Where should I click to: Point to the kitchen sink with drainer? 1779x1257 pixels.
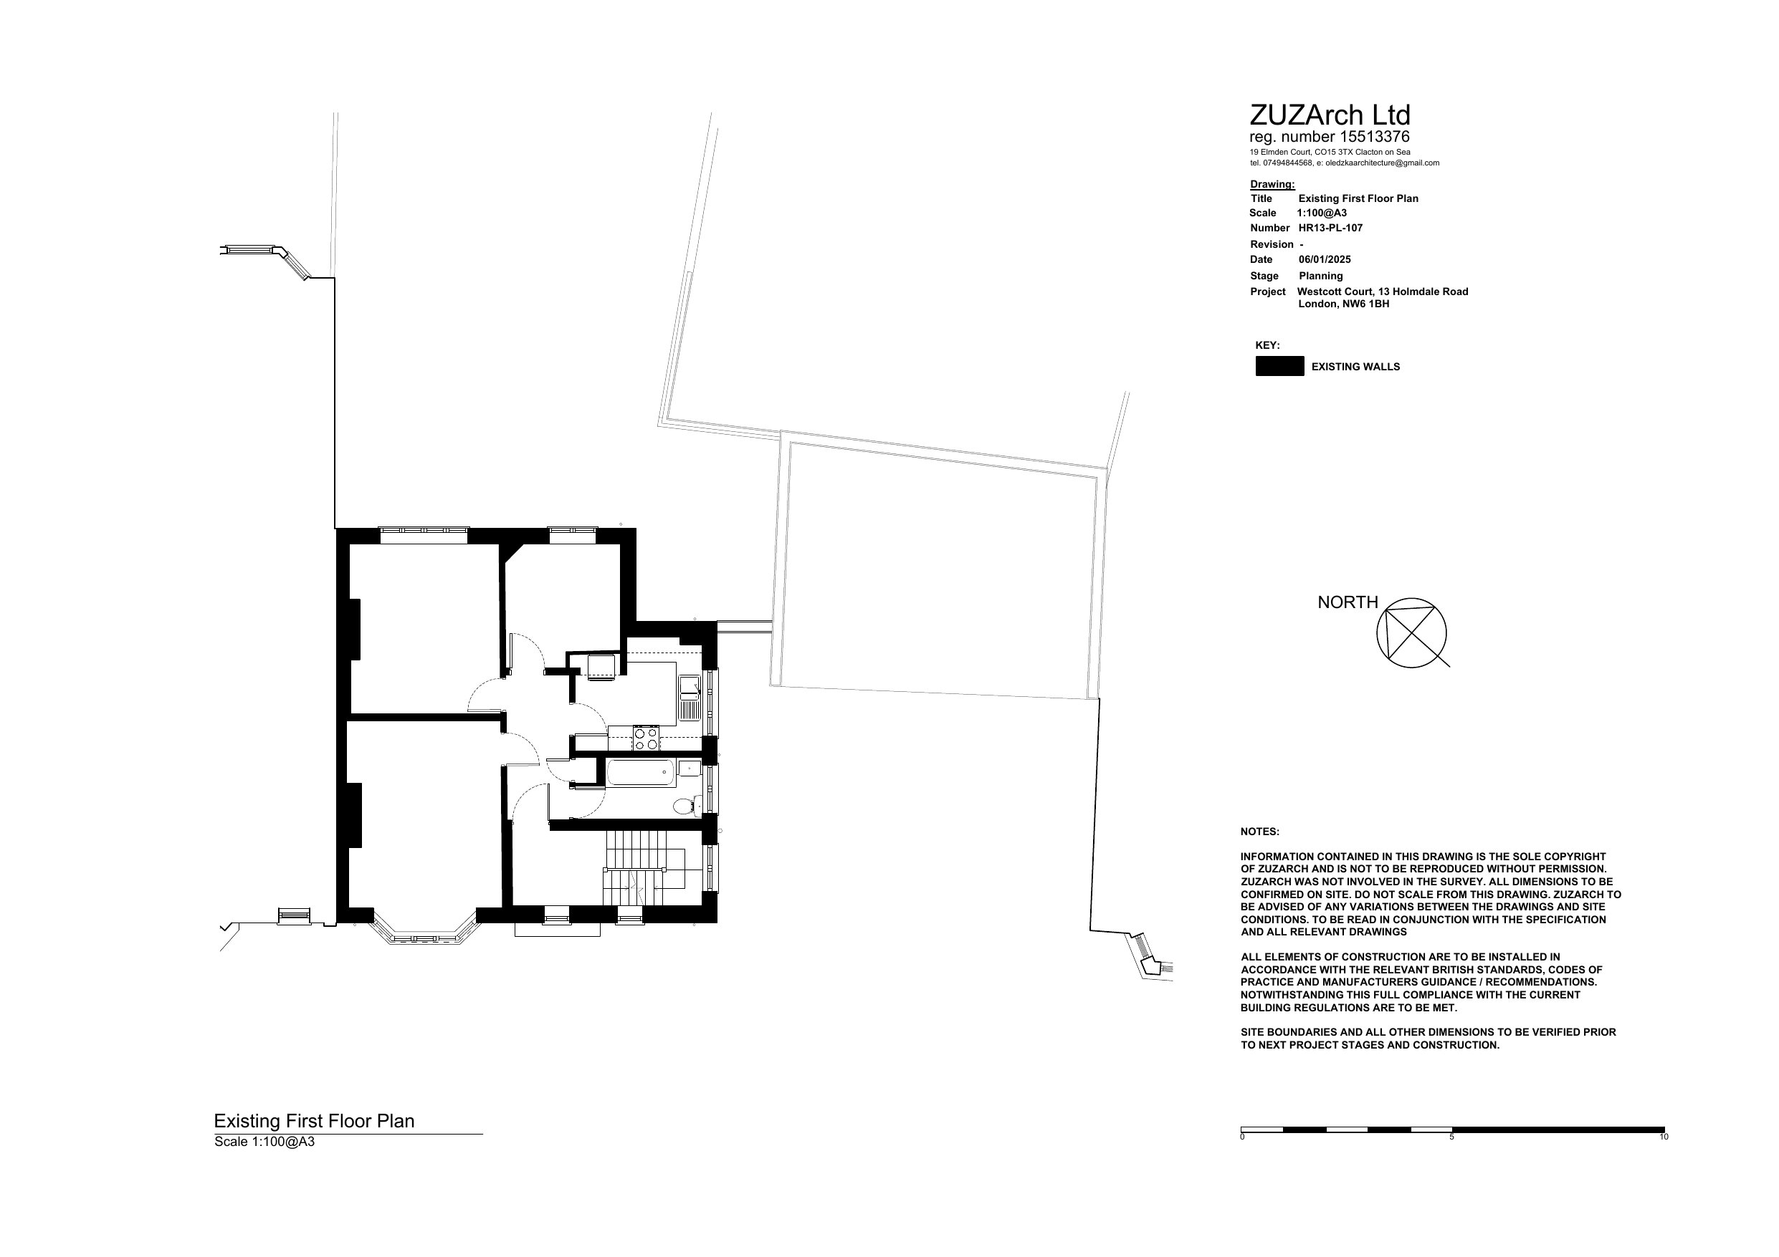click(690, 697)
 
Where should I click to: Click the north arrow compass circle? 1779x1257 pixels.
click(1411, 632)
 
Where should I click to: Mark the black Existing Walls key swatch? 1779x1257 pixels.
click(1279, 366)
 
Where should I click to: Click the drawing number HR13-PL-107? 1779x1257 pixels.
click(1330, 228)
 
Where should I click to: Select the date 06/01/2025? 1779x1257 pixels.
click(1324, 259)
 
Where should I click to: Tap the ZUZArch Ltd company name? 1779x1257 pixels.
click(1330, 115)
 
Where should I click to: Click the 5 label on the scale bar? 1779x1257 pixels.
click(1451, 1137)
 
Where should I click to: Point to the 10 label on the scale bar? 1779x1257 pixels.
click(1664, 1137)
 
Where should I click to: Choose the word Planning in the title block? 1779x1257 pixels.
click(1321, 276)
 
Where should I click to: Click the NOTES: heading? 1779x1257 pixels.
click(1260, 832)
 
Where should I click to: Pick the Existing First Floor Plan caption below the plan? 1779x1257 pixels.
click(314, 1121)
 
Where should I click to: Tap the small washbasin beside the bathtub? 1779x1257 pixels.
click(689, 768)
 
